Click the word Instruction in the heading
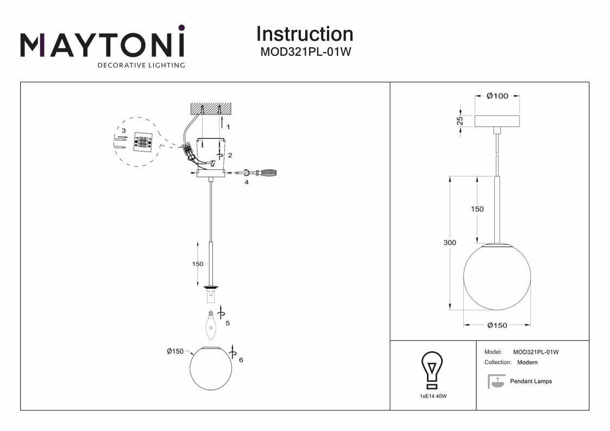point(304,34)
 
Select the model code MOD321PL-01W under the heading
point(304,52)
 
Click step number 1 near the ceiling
point(229,126)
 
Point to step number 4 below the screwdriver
point(247,182)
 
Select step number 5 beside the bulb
point(228,323)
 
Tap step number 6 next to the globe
point(241,360)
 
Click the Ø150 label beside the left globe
point(174,351)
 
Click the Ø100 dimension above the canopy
point(497,96)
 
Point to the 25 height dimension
point(459,120)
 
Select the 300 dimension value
point(450,243)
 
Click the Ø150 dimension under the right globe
point(497,325)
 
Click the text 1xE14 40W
point(433,397)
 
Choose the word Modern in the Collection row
point(527,362)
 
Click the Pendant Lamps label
point(531,382)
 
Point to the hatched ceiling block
point(211,109)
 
